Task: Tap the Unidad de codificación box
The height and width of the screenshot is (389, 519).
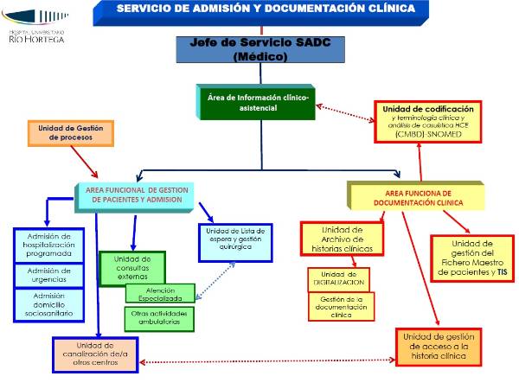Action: tap(427, 122)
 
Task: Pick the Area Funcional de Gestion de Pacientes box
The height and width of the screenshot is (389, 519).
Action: tap(133, 194)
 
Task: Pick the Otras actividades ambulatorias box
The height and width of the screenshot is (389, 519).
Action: tap(159, 318)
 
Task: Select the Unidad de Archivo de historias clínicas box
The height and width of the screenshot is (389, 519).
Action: tap(341, 239)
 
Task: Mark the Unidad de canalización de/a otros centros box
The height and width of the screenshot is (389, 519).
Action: tap(95, 355)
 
